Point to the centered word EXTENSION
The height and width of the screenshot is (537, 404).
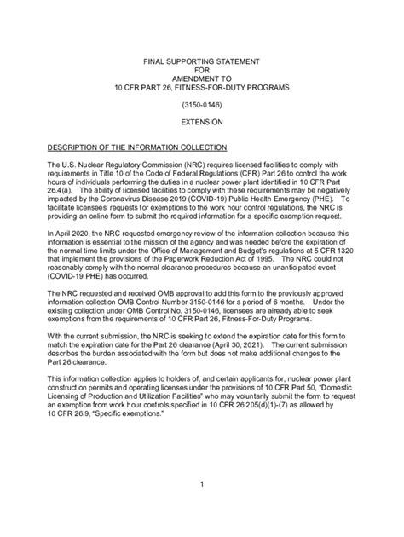pos(201,124)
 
